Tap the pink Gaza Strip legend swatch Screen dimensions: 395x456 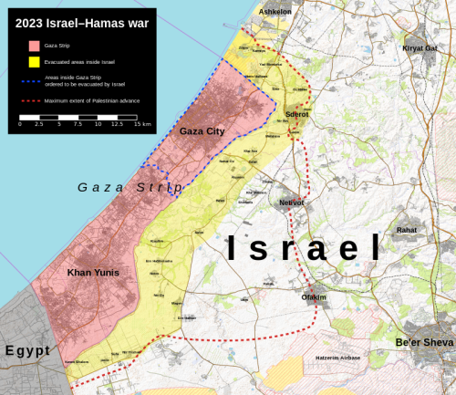click(34, 45)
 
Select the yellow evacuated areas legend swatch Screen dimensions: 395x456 click(34, 63)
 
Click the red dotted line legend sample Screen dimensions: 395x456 click(34, 100)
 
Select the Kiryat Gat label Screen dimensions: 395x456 click(420, 47)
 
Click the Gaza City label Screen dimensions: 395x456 click(202, 131)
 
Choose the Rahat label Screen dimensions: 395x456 click(407, 230)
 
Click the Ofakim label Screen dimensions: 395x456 click(314, 297)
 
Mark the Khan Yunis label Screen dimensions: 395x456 click(94, 273)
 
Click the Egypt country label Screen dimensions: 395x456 click(27, 350)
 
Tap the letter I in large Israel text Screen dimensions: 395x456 click(233, 248)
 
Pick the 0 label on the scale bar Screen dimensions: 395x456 click(20, 124)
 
